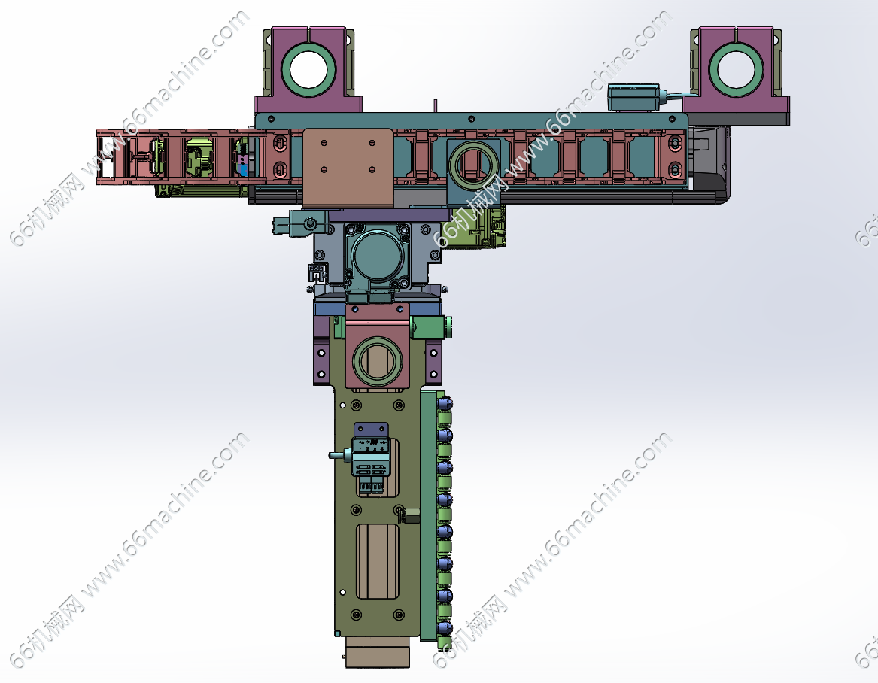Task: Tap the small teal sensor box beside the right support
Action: pos(634,98)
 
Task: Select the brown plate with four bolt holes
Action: pos(348,168)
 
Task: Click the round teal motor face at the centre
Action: pos(377,255)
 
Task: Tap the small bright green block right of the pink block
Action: pos(430,326)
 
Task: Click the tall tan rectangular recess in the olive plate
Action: pos(378,561)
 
